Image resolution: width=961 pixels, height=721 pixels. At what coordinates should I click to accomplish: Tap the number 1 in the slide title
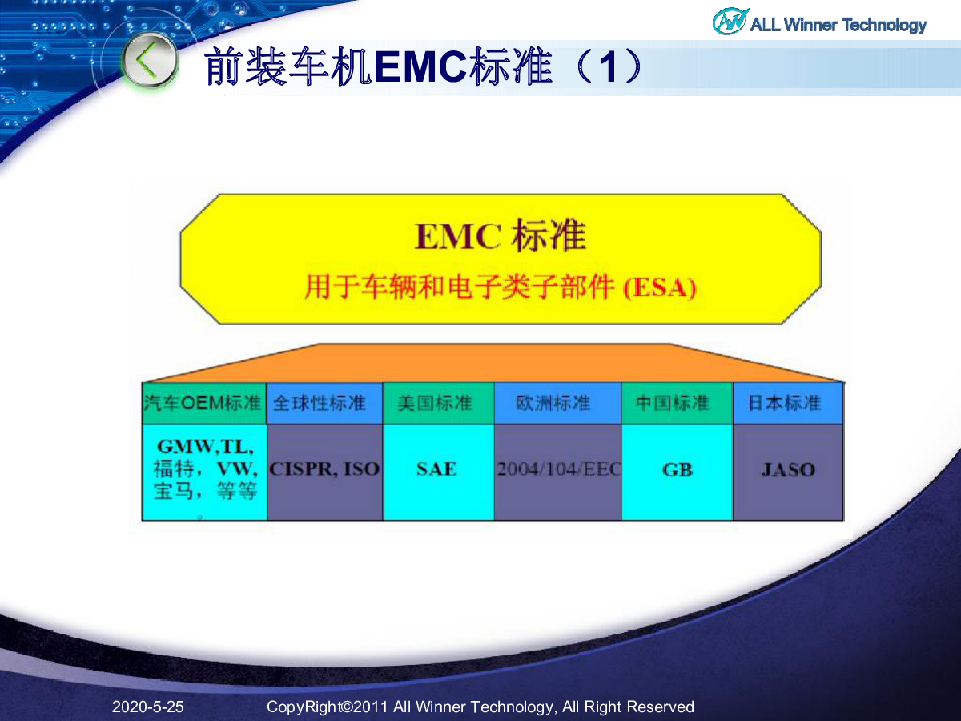tap(609, 67)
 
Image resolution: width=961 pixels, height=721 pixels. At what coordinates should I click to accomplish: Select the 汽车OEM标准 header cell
tap(204, 403)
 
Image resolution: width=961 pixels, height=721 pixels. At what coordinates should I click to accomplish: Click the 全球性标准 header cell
tap(324, 403)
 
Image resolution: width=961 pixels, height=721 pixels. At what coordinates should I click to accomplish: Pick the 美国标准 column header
tap(439, 403)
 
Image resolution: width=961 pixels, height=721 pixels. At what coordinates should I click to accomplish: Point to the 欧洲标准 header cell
tap(557, 403)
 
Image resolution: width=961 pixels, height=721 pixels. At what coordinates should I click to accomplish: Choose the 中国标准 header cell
tap(678, 403)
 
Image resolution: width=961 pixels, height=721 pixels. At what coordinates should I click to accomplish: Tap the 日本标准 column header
tap(788, 403)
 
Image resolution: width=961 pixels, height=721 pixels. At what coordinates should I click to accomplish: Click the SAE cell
tap(439, 472)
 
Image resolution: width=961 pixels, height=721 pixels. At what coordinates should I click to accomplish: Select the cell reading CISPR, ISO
tap(324, 472)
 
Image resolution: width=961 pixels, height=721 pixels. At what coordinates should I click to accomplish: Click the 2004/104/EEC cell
tap(557, 472)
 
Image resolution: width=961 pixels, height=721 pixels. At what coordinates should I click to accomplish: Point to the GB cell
tap(678, 472)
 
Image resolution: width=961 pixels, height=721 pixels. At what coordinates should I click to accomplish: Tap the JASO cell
tap(788, 472)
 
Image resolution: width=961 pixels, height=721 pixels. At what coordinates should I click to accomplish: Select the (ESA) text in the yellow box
tap(660, 288)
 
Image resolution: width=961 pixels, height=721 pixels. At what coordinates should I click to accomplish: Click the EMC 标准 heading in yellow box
tap(501, 236)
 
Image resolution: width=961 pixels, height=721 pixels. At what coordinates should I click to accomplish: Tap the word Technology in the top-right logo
tap(884, 26)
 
